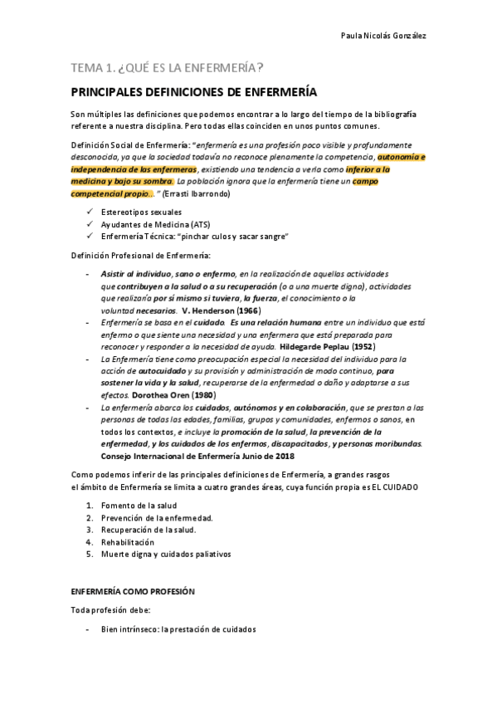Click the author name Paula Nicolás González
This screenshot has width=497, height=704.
[384, 36]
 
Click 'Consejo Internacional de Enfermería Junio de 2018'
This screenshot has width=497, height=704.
[197, 456]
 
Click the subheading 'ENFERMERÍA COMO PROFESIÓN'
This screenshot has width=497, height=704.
[133, 592]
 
